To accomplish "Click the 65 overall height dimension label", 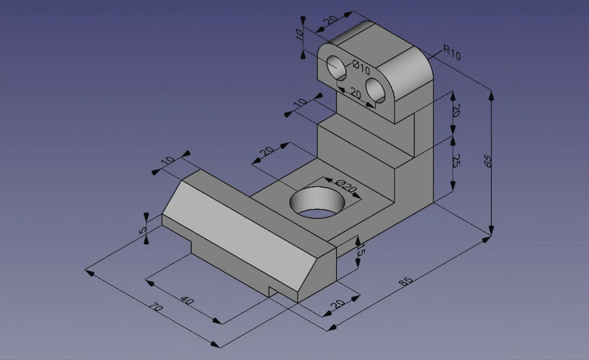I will (488, 160).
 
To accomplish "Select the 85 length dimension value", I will (405, 282).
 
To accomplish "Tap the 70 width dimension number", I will (155, 308).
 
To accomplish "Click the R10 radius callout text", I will (452, 54).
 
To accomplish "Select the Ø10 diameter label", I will (360, 67).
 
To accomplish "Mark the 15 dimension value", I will (361, 250).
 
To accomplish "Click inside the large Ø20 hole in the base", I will (317, 202).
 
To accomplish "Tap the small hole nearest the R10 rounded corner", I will (376, 89).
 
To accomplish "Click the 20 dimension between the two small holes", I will (356, 93).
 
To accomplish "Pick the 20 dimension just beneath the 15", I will (337, 304).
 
